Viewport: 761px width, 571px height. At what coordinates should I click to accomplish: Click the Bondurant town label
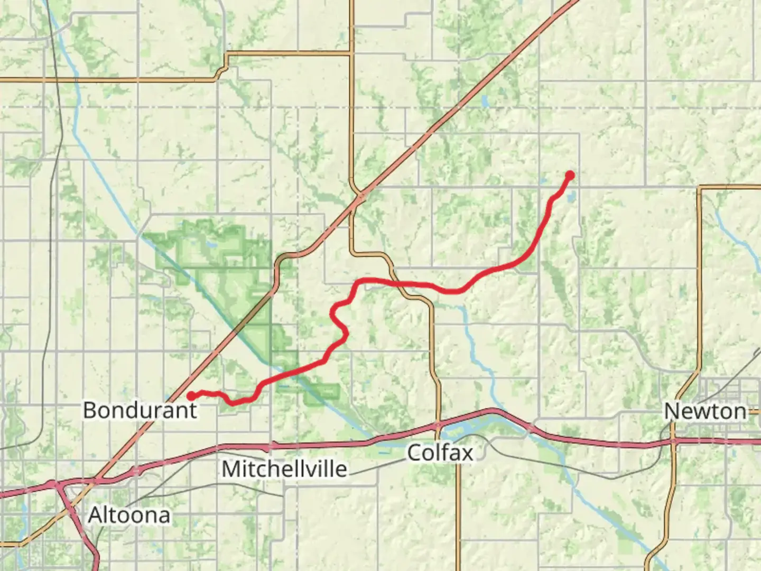tap(140, 410)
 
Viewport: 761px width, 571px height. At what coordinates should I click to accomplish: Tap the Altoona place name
tap(129, 515)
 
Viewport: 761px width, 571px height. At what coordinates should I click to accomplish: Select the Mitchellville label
tap(284, 469)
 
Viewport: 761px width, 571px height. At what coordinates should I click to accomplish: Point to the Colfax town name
tap(440, 453)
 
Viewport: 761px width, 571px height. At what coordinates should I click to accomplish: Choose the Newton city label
tap(706, 411)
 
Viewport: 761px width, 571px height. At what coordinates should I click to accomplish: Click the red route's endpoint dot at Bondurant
tap(190, 395)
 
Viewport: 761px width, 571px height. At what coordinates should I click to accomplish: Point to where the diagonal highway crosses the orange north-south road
tap(361, 196)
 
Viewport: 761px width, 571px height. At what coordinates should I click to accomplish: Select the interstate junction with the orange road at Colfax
tap(438, 425)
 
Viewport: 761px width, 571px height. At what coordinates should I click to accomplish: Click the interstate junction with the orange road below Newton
tap(673, 440)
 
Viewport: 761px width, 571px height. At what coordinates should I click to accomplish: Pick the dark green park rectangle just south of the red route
tap(322, 392)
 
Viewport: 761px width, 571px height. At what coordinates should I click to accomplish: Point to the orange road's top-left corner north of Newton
tap(700, 187)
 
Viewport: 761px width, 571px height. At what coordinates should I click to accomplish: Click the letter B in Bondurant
tap(90, 410)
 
